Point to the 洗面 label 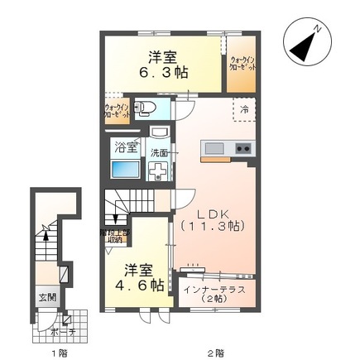[x=159, y=153]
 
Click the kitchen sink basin [x=214, y=149]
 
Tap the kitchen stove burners [x=243, y=149]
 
